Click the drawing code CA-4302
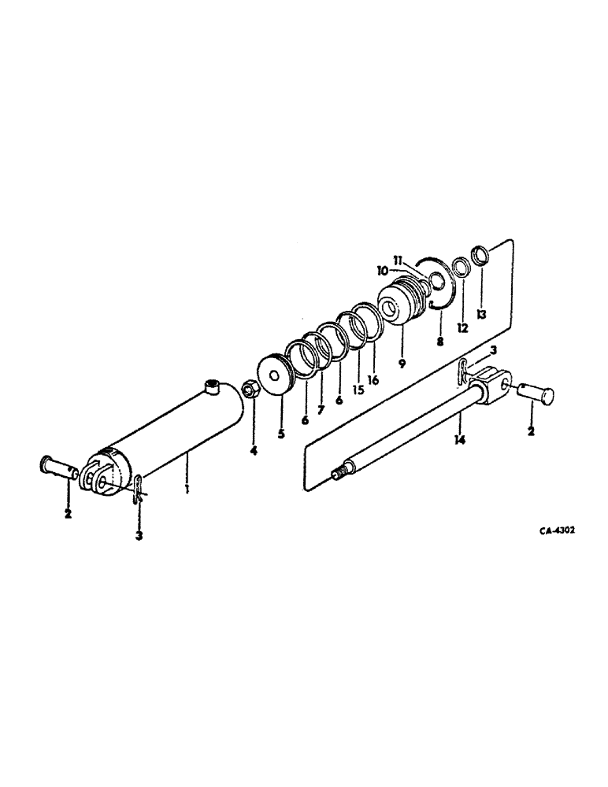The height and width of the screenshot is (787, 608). (x=556, y=530)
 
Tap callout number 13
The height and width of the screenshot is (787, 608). (x=482, y=313)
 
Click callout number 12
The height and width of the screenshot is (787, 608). (x=462, y=327)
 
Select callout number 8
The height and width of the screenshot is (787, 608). (x=440, y=342)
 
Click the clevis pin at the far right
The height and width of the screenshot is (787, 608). (x=539, y=392)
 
